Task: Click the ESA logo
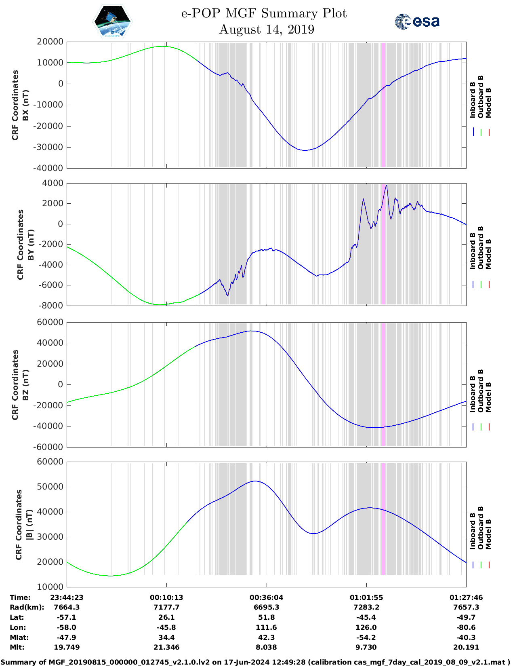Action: pyautogui.click(x=417, y=21)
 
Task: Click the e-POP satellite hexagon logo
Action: pyautogui.click(x=113, y=22)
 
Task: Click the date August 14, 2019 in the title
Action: pyautogui.click(x=267, y=30)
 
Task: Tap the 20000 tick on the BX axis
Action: pyautogui.click(x=50, y=42)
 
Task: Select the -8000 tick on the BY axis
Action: pyautogui.click(x=51, y=306)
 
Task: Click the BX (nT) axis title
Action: pyautogui.click(x=25, y=105)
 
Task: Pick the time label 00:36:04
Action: pyautogui.click(x=266, y=597)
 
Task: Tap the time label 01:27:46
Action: pyautogui.click(x=466, y=597)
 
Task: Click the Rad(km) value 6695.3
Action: pyautogui.click(x=266, y=607)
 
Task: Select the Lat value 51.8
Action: pyautogui.click(x=266, y=617)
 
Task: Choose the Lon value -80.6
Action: pyautogui.click(x=466, y=627)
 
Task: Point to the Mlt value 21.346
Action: pyautogui.click(x=166, y=647)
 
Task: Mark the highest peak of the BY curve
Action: pyautogui.click(x=387, y=185)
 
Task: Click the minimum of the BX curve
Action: pyautogui.click(x=305, y=150)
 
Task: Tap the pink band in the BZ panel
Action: pyautogui.click(x=383, y=384)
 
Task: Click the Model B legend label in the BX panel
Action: pyautogui.click(x=488, y=103)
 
